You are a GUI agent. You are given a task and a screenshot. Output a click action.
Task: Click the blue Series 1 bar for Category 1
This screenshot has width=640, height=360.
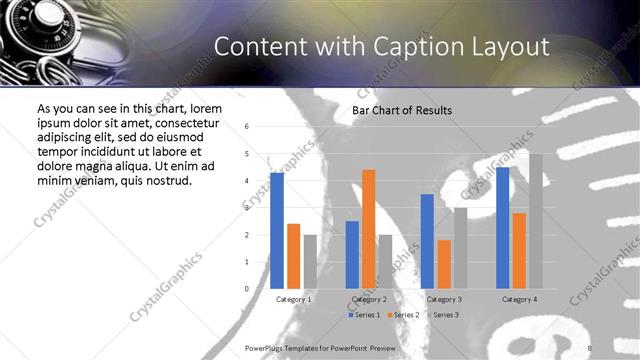point(277,231)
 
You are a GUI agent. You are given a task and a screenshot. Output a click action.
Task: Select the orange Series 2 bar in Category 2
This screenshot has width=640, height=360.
point(368,229)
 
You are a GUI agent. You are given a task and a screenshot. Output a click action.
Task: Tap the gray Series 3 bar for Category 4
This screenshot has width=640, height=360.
point(535,221)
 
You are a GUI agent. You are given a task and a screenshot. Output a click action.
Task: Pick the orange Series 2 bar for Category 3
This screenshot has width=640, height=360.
point(444,264)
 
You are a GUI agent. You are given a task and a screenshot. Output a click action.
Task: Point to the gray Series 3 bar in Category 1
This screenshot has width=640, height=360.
point(310,262)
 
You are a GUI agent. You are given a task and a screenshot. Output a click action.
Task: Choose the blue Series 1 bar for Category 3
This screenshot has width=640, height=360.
point(427,241)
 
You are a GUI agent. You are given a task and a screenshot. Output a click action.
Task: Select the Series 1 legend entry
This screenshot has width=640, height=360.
point(365,315)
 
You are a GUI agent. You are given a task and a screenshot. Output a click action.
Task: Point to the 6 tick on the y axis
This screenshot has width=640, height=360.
point(247,127)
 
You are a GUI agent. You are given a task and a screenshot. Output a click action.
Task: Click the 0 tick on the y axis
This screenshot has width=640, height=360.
point(247,289)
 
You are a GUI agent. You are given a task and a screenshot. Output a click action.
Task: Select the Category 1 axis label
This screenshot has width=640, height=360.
point(293,299)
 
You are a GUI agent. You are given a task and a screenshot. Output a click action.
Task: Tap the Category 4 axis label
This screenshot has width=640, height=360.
point(519,299)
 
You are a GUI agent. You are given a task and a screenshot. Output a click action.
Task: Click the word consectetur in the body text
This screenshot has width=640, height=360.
point(179,123)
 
